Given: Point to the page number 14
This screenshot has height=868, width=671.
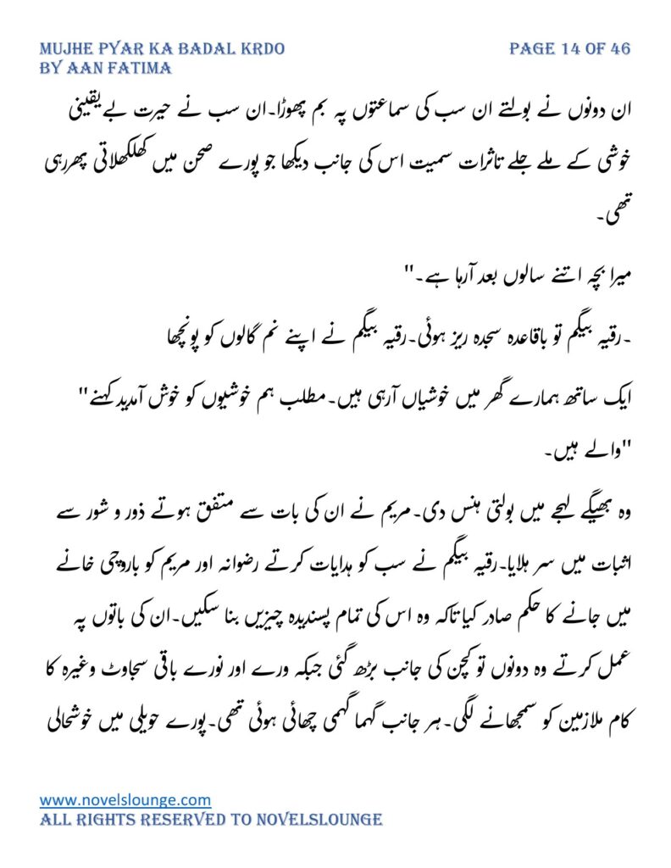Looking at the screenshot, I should tap(568, 48).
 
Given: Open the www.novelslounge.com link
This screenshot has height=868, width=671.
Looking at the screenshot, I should tap(125, 799).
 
